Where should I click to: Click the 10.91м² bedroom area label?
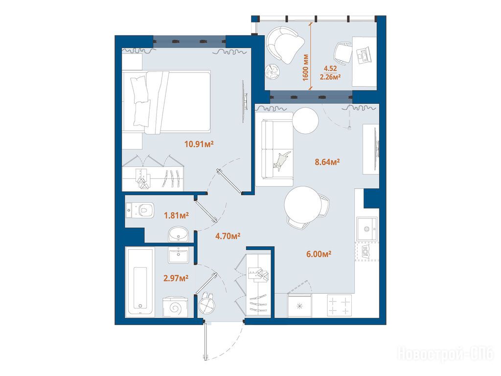click(199, 144)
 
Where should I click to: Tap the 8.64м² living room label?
click(327, 162)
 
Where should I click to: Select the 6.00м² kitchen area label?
click(319, 254)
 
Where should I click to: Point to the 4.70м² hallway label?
click(228, 236)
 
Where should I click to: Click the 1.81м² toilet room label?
click(176, 215)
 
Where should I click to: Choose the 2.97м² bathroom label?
click(176, 279)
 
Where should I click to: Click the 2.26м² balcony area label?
click(330, 77)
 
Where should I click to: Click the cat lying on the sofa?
click(281, 161)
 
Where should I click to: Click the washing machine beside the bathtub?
click(175, 307)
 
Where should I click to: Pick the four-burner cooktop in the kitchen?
click(339, 306)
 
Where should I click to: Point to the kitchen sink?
click(367, 229)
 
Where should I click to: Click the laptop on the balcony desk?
click(364, 55)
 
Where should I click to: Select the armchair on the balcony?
click(285, 45)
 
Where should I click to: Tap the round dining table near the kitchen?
click(302, 205)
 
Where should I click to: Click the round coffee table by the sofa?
click(305, 120)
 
